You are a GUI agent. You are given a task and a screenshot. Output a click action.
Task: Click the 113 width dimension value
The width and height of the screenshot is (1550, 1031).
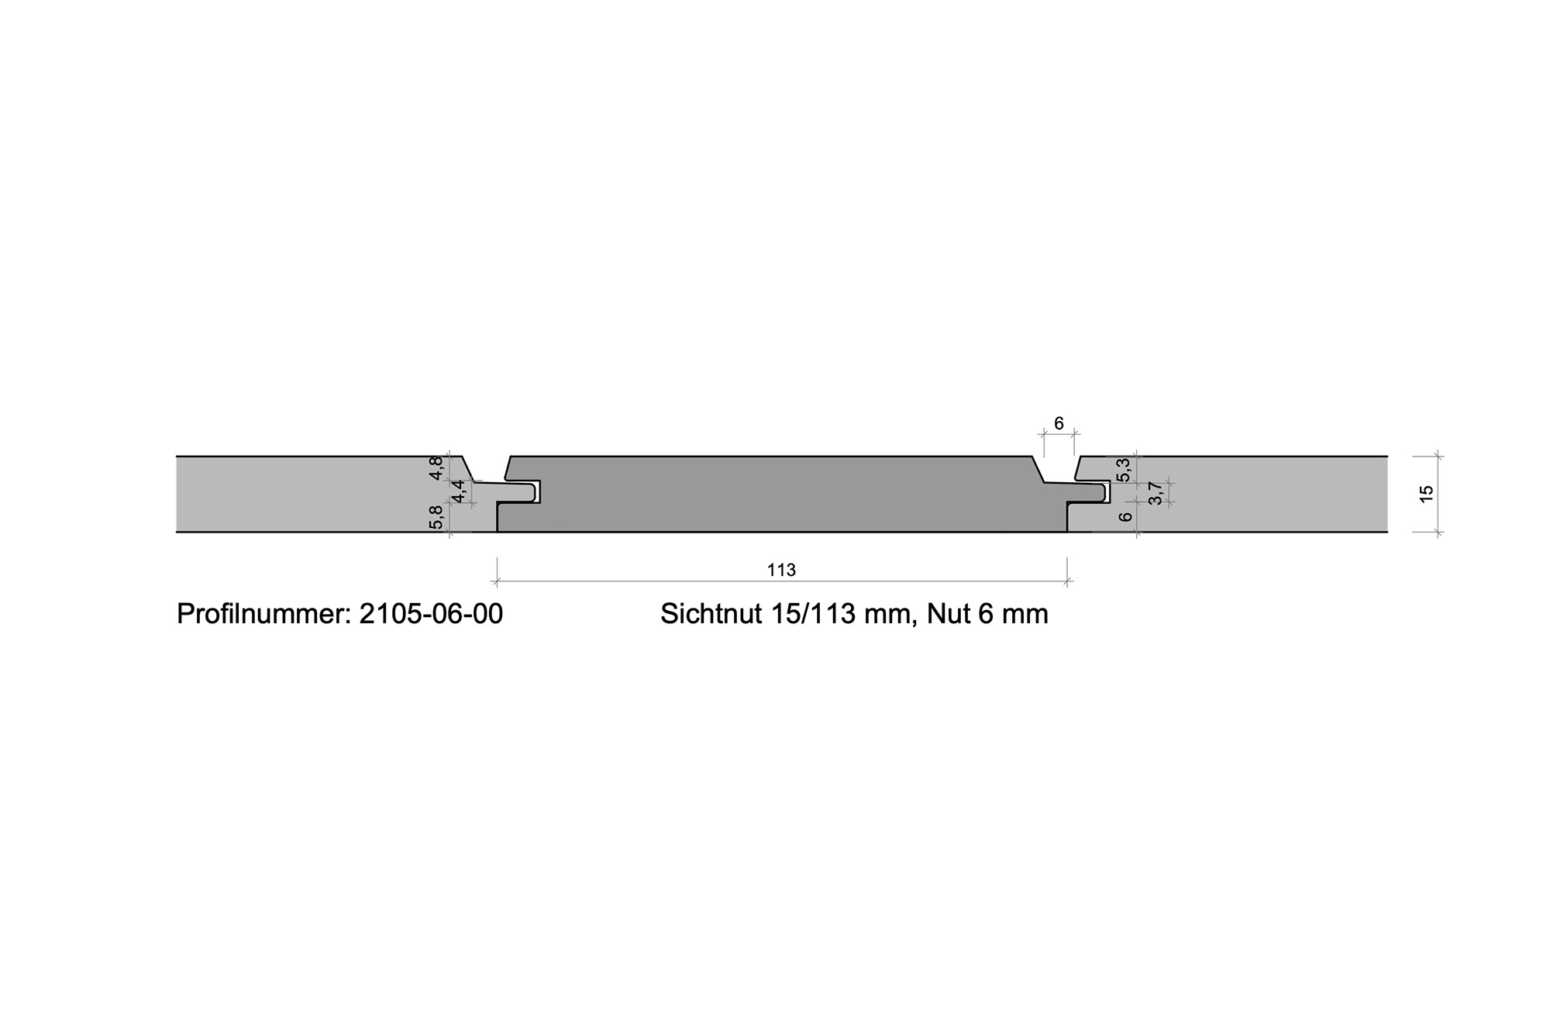[781, 571]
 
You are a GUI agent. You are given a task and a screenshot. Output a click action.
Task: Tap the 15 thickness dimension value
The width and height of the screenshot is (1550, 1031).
[1427, 494]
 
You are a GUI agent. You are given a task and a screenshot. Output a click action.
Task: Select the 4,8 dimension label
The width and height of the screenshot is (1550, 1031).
[436, 467]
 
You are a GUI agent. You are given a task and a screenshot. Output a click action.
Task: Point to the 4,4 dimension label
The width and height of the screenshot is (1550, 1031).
[458, 491]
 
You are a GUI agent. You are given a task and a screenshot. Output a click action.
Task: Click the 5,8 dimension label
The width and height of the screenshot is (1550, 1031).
[436, 517]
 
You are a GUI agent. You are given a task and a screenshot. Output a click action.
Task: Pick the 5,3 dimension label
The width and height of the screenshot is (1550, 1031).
[1123, 469]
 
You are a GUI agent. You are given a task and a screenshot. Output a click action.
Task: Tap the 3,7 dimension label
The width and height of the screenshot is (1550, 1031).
[1156, 493]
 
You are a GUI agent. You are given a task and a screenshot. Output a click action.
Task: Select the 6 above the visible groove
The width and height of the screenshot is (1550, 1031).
[1059, 424]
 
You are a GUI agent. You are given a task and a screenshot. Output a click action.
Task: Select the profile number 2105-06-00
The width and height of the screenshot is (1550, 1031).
[431, 614]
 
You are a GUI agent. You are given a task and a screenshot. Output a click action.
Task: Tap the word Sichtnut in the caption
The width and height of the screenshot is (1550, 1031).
[711, 614]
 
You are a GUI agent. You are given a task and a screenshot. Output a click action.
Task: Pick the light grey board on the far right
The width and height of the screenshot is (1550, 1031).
[1240, 495]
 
